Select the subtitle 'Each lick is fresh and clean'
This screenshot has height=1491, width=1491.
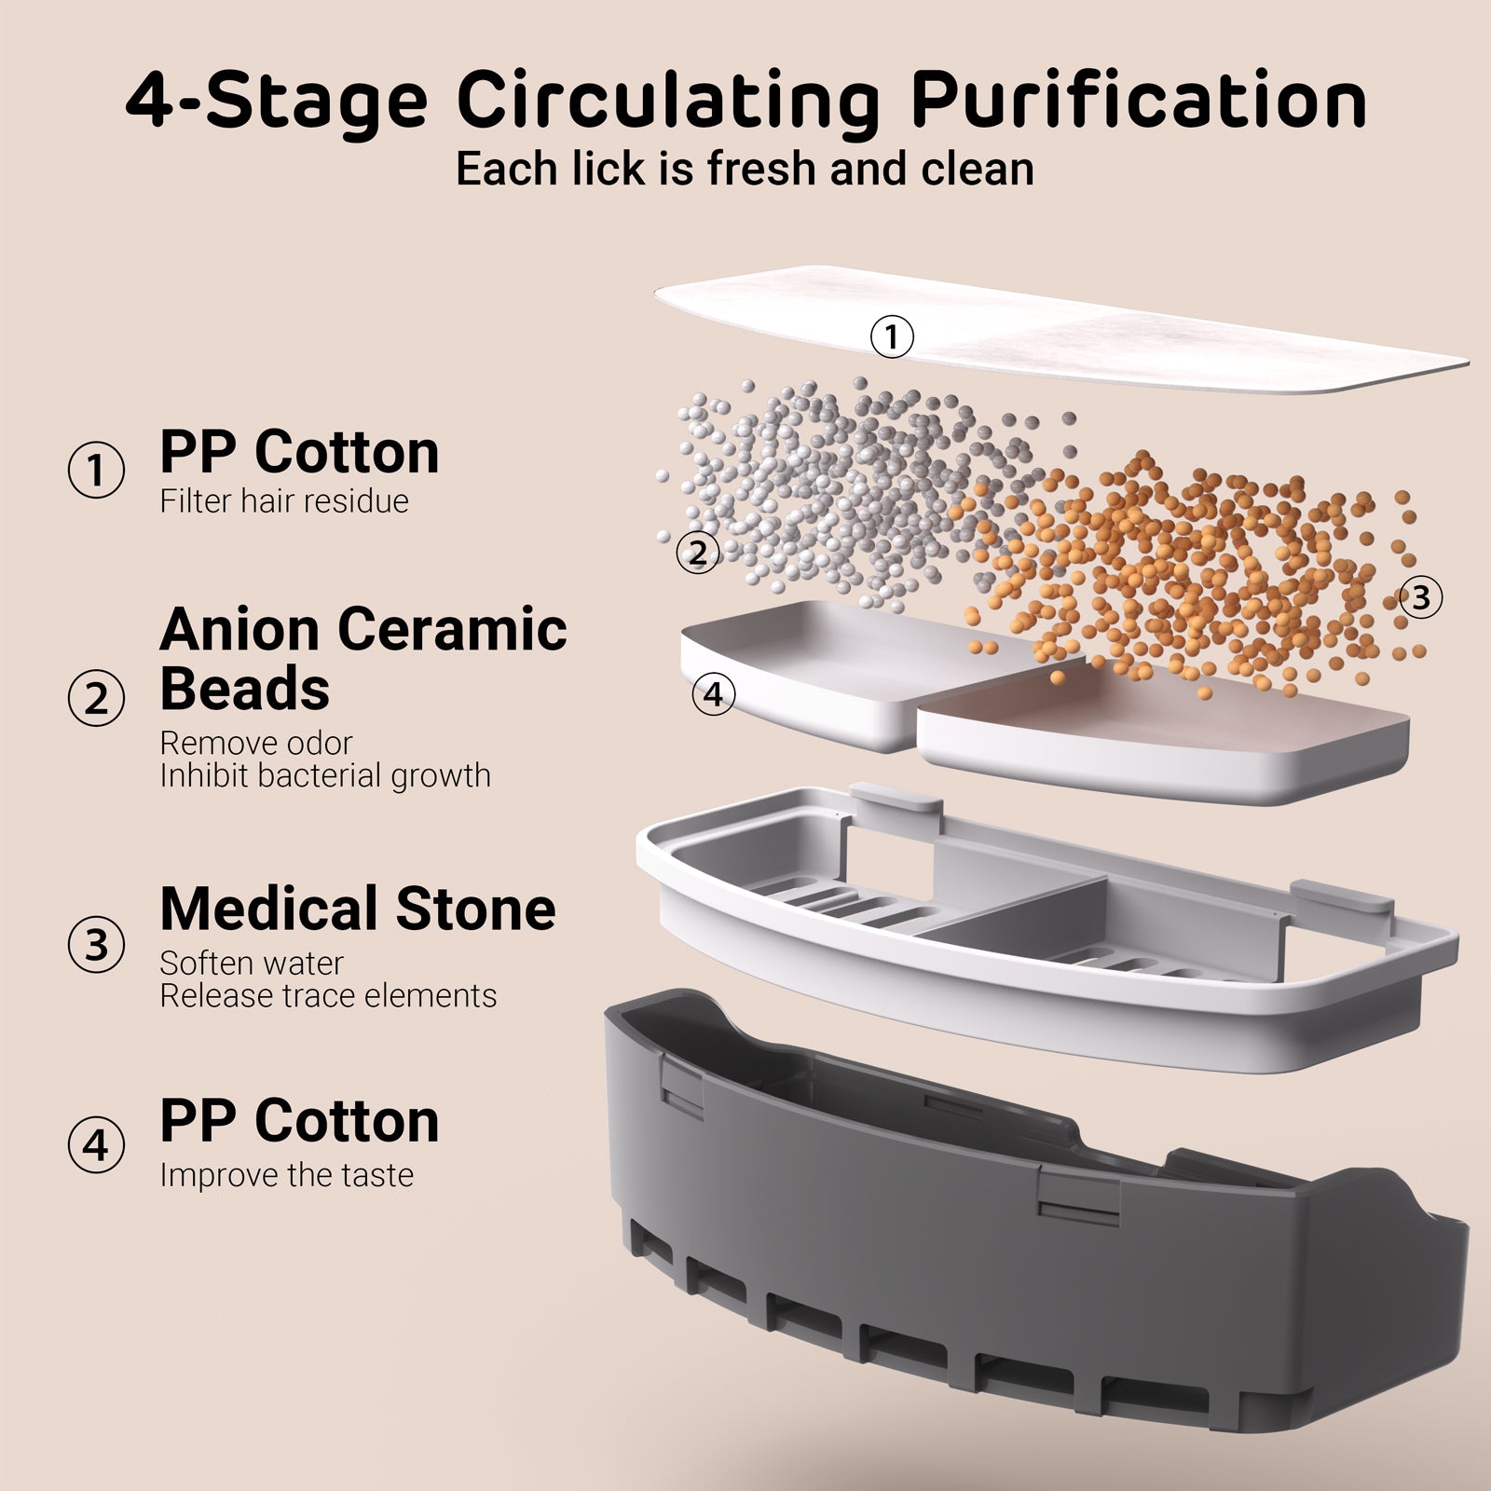(x=745, y=169)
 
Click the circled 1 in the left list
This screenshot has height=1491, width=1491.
(x=96, y=470)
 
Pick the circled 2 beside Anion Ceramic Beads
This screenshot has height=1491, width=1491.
(x=96, y=699)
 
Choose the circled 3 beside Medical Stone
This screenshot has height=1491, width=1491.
(x=96, y=945)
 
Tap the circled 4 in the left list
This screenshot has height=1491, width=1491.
(x=96, y=1144)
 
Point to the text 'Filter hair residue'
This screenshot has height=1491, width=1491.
(x=284, y=501)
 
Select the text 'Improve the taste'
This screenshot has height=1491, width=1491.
(x=287, y=1175)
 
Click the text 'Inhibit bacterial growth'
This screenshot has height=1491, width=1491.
(x=325, y=775)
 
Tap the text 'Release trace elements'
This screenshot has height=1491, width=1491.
(x=328, y=995)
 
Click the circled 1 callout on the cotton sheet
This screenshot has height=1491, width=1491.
(x=892, y=336)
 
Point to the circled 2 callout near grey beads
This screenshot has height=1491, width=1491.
(x=698, y=554)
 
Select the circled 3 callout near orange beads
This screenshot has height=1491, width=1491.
(x=1420, y=597)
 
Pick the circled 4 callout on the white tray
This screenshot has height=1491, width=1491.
(x=714, y=694)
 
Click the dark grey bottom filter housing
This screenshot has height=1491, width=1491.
(x=1034, y=1211)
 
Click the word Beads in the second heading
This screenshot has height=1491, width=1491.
(x=245, y=689)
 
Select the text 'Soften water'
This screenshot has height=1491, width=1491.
(x=252, y=963)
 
